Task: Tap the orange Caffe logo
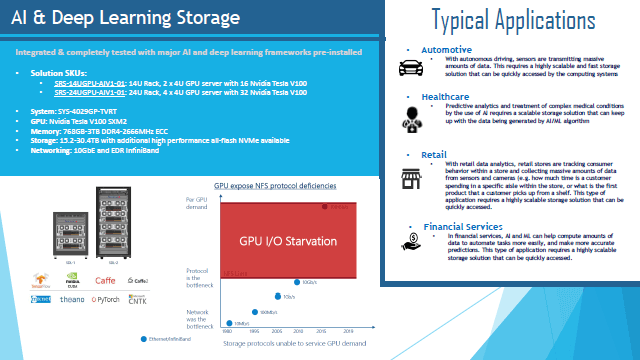[x=105, y=280]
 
